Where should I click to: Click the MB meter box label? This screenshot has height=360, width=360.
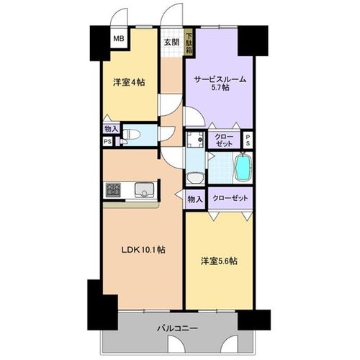119,38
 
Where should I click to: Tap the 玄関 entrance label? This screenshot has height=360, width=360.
171,42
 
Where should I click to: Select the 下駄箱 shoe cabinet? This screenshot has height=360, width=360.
189,43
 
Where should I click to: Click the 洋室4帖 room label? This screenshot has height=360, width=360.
129,83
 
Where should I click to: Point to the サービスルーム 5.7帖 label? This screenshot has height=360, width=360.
220,84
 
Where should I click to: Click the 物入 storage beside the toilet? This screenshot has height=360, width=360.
112,130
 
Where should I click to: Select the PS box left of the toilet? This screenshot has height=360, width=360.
107,142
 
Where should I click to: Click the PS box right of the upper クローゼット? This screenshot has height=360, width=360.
248,140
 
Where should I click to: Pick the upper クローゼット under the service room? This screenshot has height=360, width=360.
224,140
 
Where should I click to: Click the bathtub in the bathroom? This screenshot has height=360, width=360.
243,168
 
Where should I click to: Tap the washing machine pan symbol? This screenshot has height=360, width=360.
196,140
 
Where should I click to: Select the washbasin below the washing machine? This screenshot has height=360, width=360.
195,179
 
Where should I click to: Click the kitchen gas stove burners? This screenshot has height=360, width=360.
113,190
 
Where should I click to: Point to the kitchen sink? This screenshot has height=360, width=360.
144,190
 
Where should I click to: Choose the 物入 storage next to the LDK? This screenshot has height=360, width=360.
195,199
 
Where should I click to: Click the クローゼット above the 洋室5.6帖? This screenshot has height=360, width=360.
230,198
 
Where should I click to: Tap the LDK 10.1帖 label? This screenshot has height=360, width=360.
143,250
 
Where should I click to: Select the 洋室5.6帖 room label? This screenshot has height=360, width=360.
219,261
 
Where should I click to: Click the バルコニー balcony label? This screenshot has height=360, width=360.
177,328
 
